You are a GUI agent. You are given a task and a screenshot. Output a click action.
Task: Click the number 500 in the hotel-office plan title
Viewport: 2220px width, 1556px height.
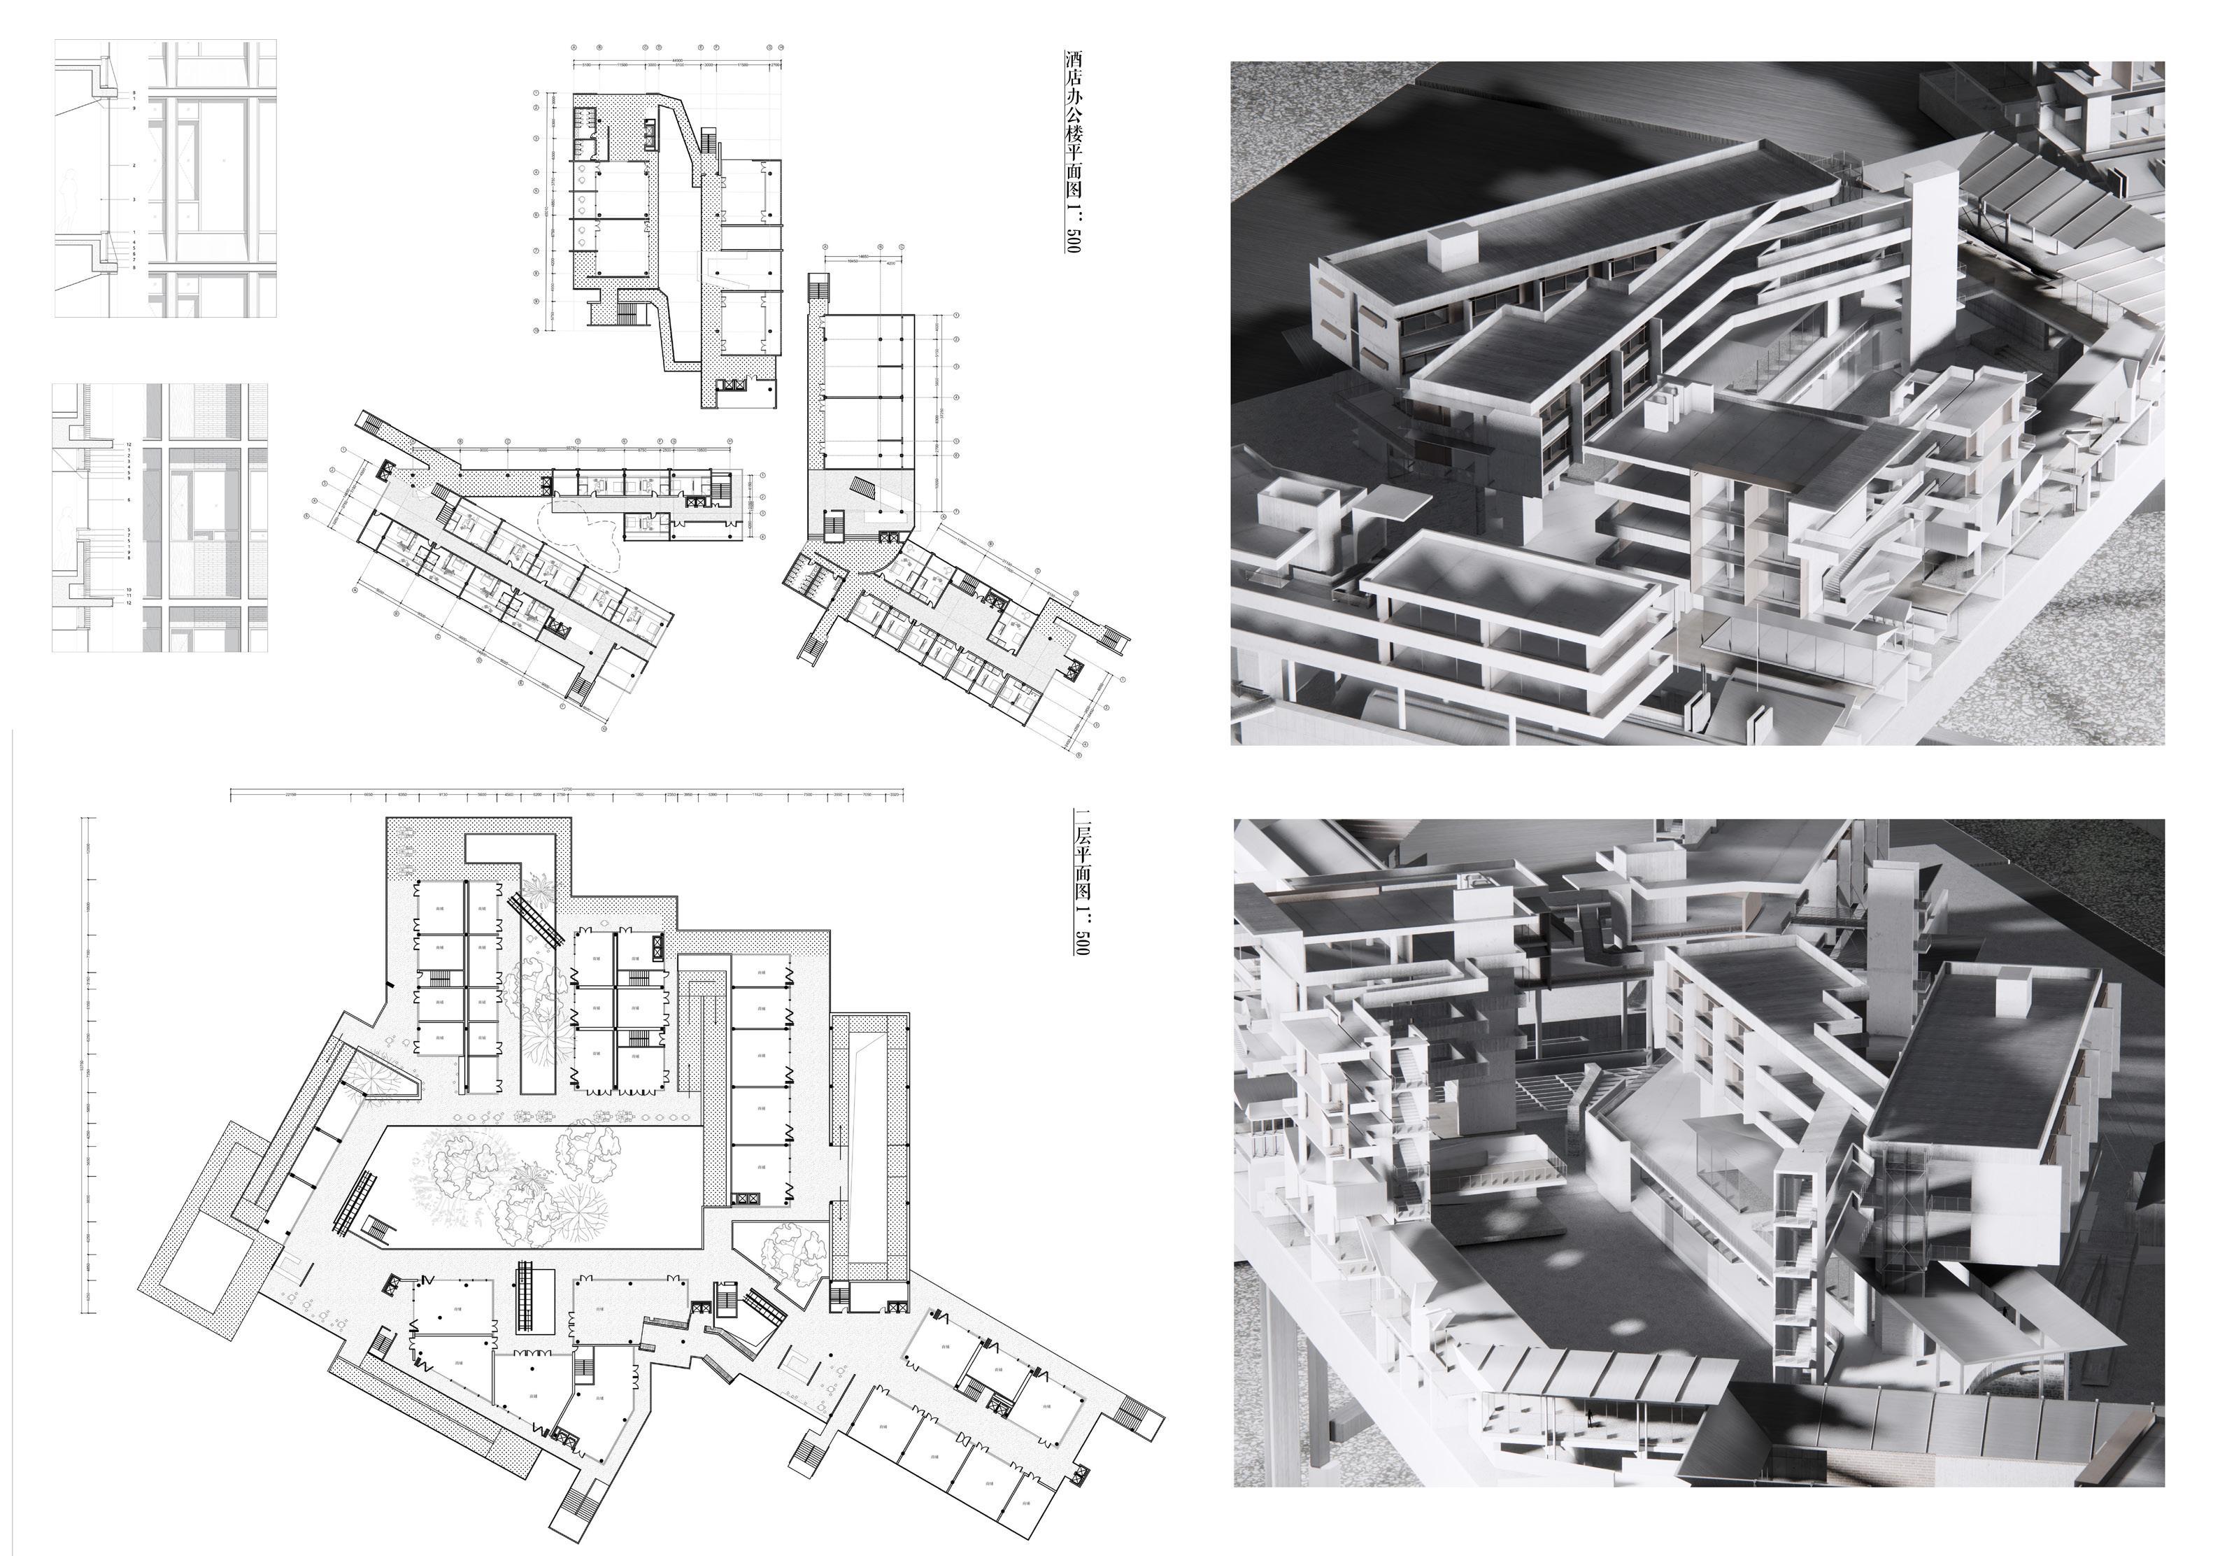click(1073, 240)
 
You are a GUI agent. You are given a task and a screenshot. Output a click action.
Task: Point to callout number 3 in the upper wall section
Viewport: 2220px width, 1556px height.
click(134, 199)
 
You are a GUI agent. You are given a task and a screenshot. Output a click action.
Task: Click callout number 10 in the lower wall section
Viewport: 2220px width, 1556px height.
click(129, 589)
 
